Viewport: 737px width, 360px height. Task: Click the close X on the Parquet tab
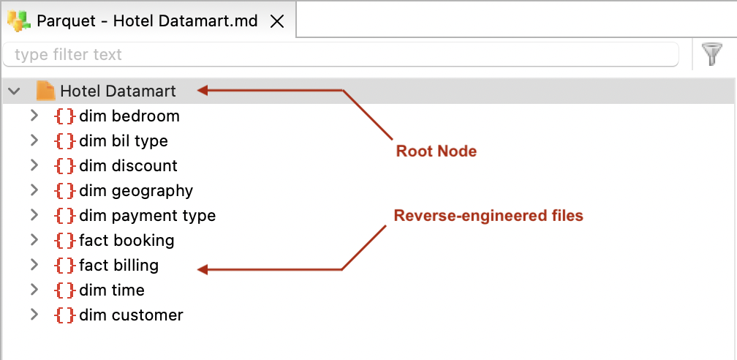[277, 21]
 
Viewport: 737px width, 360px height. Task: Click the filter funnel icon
[711, 55]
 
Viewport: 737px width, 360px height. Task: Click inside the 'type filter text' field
[340, 55]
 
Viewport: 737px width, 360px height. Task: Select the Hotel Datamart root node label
[118, 91]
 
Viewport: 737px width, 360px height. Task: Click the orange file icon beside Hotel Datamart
[46, 91]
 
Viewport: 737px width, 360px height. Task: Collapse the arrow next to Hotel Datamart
[14, 91]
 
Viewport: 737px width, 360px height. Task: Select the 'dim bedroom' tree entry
[129, 116]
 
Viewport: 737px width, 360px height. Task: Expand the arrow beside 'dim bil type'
[34, 140]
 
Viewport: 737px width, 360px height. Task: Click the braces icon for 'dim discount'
[65, 166]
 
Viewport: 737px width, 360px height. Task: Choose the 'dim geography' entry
[135, 191]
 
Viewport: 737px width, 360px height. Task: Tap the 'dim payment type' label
[147, 216]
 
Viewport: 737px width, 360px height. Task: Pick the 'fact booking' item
[126, 241]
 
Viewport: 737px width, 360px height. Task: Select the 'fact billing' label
[118, 266]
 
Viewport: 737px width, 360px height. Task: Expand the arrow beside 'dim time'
[34, 290]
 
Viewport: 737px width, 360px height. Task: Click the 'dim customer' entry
[131, 315]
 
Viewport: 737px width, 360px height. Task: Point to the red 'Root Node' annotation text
[436, 151]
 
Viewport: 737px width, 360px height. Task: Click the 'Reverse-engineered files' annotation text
[488, 216]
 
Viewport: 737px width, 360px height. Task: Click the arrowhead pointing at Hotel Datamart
[204, 91]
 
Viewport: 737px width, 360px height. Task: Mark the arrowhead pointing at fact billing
[204, 270]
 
